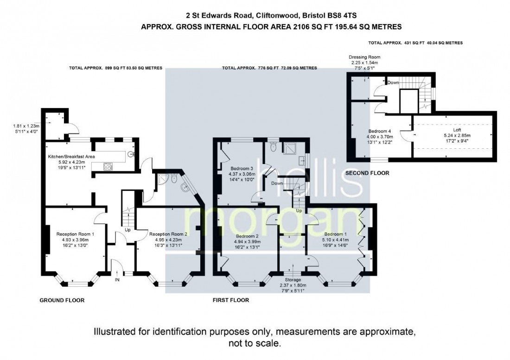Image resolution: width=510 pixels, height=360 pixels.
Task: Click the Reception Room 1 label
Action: (75, 234)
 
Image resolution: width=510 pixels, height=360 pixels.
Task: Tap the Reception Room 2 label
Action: (168, 234)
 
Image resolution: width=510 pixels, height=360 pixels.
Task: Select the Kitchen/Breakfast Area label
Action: (71, 157)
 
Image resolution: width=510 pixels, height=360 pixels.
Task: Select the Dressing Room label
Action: (365, 57)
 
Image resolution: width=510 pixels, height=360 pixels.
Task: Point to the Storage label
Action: (293, 280)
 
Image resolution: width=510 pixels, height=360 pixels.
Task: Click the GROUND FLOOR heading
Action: (62, 300)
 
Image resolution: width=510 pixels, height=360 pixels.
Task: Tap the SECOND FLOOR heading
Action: (367, 173)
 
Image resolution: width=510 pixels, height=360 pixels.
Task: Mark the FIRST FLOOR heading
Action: (231, 300)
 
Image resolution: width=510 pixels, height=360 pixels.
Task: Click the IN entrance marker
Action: (117, 280)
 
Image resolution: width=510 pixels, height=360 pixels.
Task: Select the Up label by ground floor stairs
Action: (127, 229)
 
